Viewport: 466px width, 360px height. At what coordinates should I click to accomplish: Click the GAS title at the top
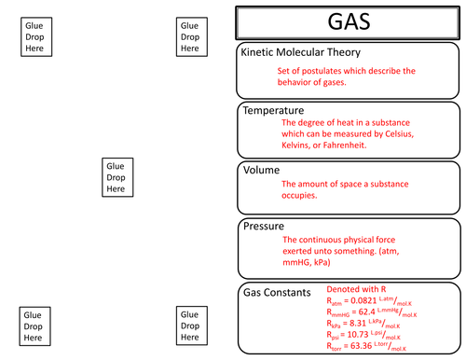pos(348,21)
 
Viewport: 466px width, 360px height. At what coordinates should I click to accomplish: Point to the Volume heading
pos(262,171)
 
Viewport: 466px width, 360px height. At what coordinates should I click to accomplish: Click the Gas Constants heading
pos(276,292)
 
